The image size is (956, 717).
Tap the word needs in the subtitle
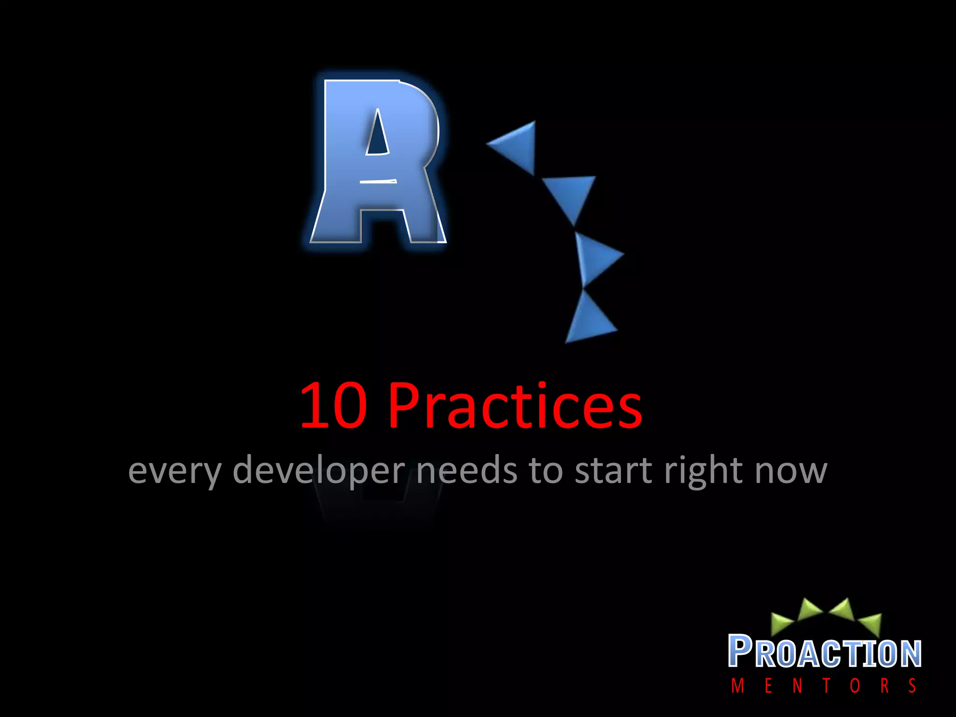click(x=466, y=471)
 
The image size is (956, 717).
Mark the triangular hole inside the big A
click(x=378, y=133)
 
